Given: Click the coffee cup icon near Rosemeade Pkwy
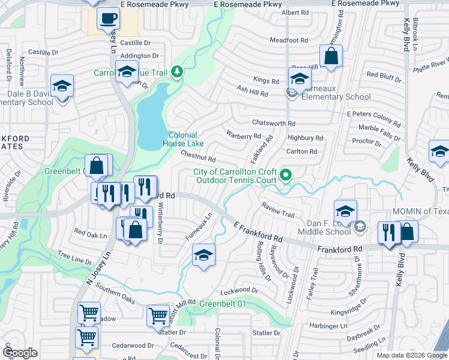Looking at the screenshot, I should coord(108,19).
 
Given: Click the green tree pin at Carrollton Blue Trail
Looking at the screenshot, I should coord(176,73).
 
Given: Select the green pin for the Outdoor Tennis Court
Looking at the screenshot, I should coord(286,175).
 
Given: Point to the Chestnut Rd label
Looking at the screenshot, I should coord(198,155).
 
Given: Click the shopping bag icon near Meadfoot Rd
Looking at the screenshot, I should coord(331,57).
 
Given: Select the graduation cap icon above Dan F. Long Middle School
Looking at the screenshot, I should coord(345,211).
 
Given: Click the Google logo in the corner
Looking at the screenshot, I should coord(20,353).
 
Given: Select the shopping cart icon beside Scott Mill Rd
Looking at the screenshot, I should coord(158,314).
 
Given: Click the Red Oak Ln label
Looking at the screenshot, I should coord(89,232).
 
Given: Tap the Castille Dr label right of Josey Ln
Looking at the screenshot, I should coord(135,43).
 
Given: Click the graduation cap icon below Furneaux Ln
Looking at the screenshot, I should coord(203,256).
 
